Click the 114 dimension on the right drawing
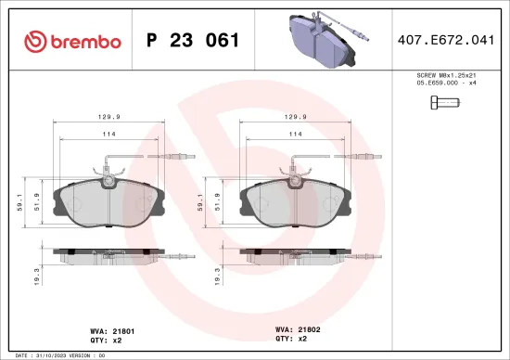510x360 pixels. click(296, 135)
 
